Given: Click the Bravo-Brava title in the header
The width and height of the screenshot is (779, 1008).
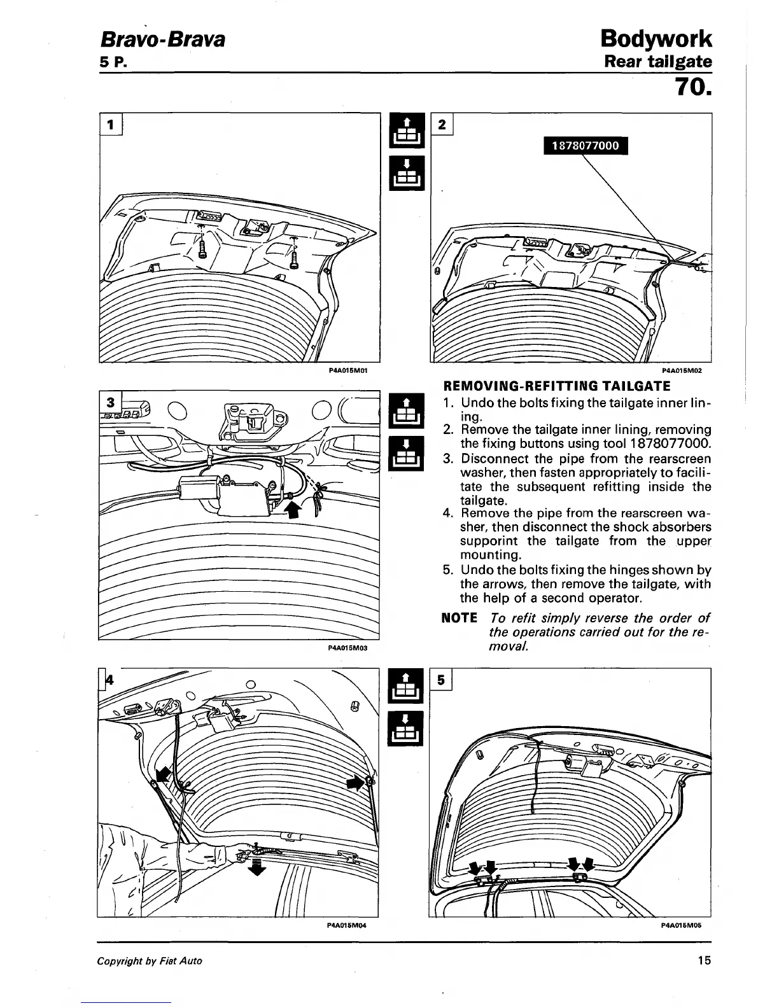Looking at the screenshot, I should [x=162, y=41].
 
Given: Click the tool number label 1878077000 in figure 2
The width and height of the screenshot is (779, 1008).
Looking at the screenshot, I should [x=585, y=146].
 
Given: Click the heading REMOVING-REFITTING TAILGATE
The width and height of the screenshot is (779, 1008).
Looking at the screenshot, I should [x=556, y=386].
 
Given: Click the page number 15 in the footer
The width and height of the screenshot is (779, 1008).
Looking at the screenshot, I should [x=703, y=960].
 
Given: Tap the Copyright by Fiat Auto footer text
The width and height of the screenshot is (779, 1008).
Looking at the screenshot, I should [x=150, y=961].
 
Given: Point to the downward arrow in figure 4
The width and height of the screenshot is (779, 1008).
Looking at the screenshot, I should [x=256, y=867].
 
